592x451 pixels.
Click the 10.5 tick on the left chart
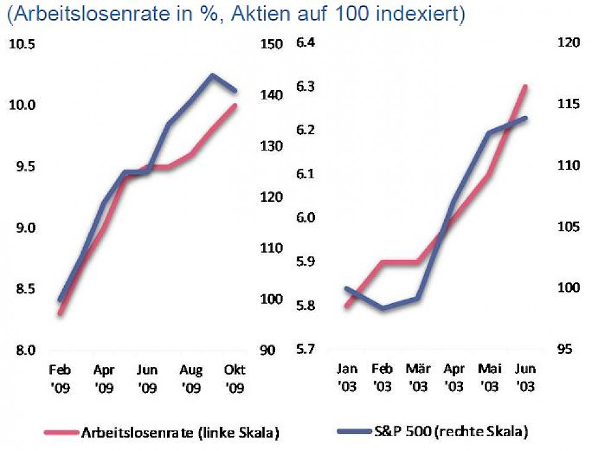pos(23,45)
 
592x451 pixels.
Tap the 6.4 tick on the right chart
pos(306,43)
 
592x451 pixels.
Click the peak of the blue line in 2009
pos(212,75)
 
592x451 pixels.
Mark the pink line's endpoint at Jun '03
pos(525,86)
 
